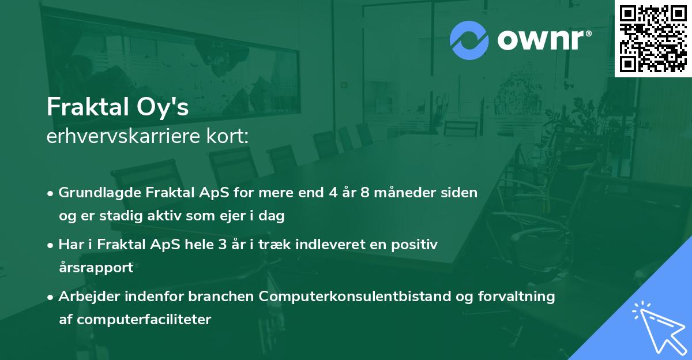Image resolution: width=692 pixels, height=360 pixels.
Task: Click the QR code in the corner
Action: [x=653, y=38]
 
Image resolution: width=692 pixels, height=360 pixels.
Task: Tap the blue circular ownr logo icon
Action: [x=469, y=40]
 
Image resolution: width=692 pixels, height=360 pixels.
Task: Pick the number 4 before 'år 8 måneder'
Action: [x=334, y=193]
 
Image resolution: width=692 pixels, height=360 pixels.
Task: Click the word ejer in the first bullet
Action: [x=231, y=216]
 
